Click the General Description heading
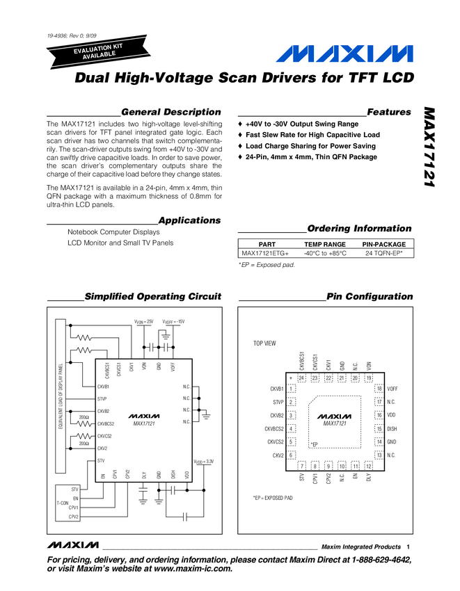click(x=170, y=112)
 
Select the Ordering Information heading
click(x=359, y=229)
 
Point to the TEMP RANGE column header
click(x=324, y=245)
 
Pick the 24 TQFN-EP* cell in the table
click(x=384, y=254)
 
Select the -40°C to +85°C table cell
click(x=324, y=254)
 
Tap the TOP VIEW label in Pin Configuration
click(x=264, y=343)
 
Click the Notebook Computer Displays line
click(x=113, y=232)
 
